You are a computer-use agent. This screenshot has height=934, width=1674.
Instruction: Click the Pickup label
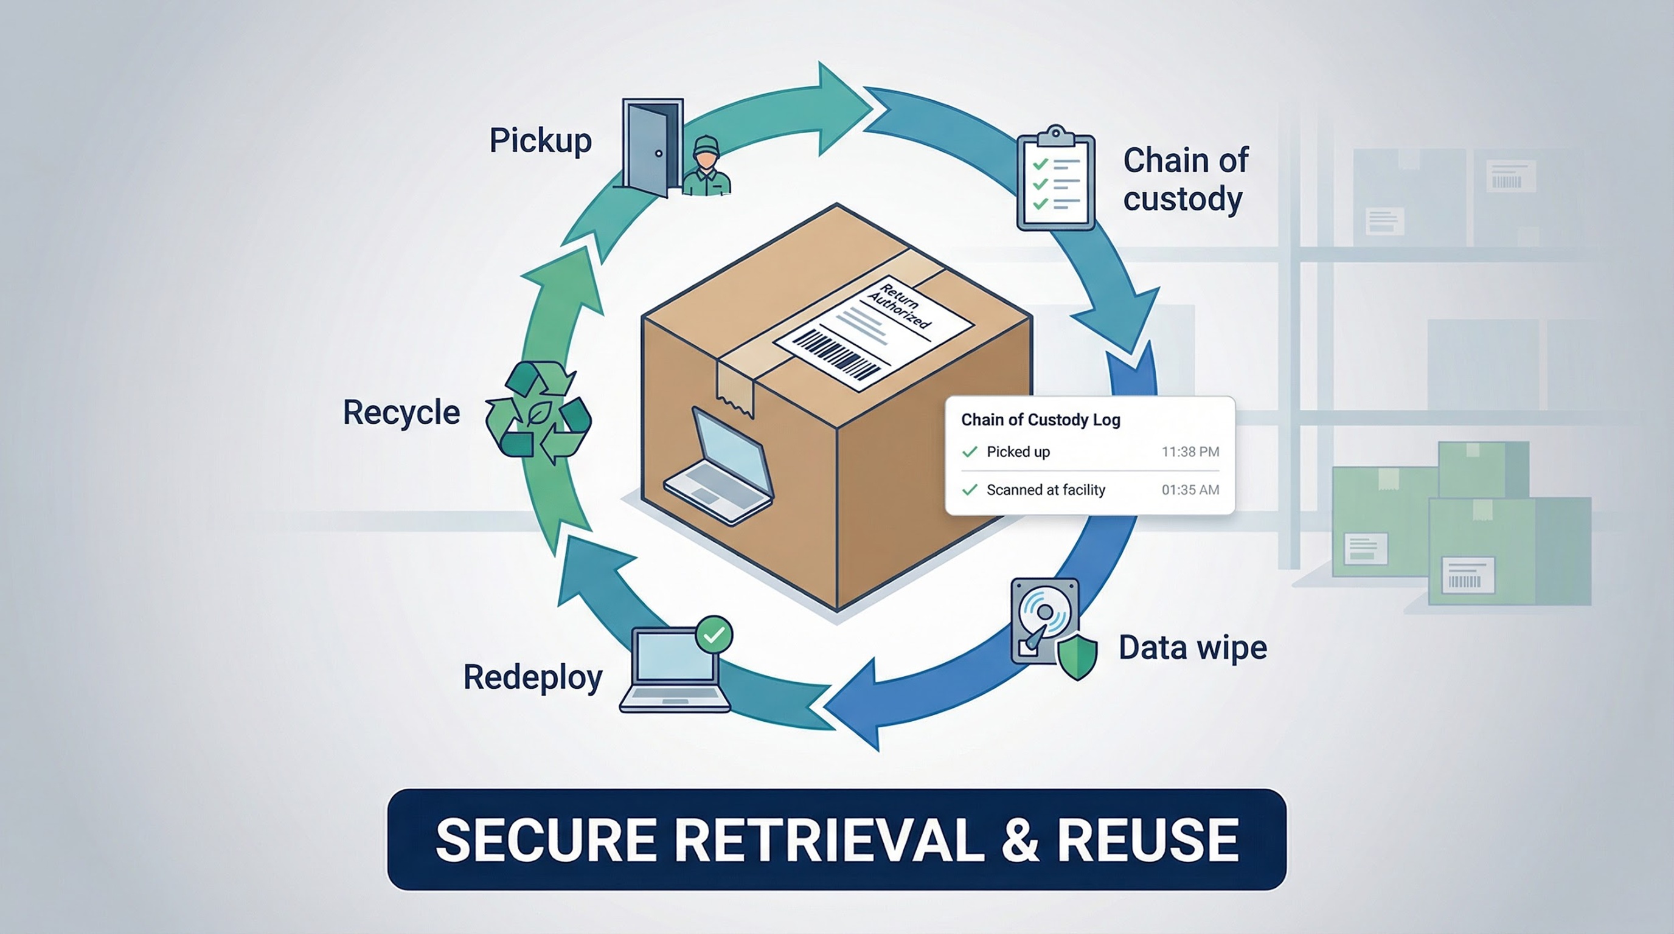pyautogui.click(x=540, y=140)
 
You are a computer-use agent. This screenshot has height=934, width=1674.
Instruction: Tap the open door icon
pyautogui.click(x=650, y=147)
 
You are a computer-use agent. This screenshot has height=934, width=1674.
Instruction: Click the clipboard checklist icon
pyautogui.click(x=1055, y=178)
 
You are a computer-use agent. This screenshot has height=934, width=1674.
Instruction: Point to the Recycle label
pyautogui.click(x=401, y=412)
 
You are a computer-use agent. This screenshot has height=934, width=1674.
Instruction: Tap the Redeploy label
pyautogui.click(x=532, y=677)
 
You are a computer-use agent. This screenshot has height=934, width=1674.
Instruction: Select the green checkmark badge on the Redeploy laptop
pyautogui.click(x=714, y=634)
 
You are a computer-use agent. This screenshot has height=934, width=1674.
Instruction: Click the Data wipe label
pyautogui.click(x=1192, y=648)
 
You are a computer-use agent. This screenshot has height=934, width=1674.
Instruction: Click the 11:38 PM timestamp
pyautogui.click(x=1190, y=451)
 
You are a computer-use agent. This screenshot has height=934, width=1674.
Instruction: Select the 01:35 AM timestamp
pyautogui.click(x=1190, y=489)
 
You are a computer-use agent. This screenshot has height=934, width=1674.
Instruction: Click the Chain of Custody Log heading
pyautogui.click(x=1040, y=420)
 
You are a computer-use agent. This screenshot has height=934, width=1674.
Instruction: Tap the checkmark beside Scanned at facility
pyautogui.click(x=970, y=489)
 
